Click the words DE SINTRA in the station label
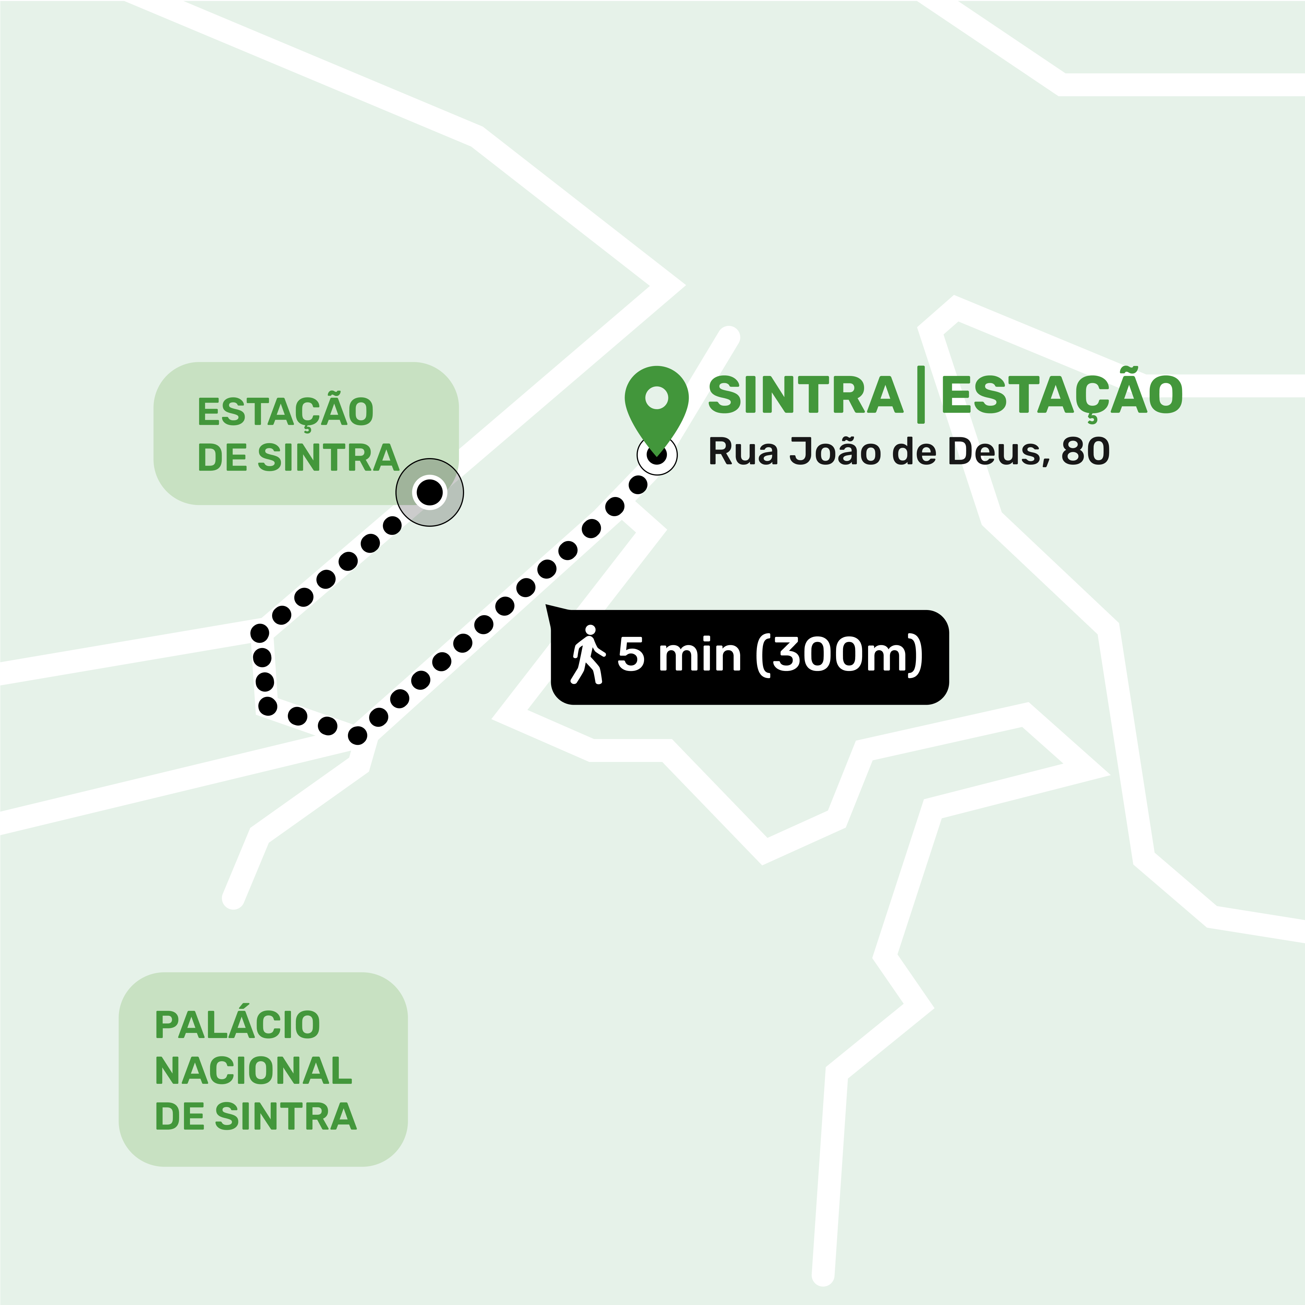(298, 458)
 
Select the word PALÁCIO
(238, 1025)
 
